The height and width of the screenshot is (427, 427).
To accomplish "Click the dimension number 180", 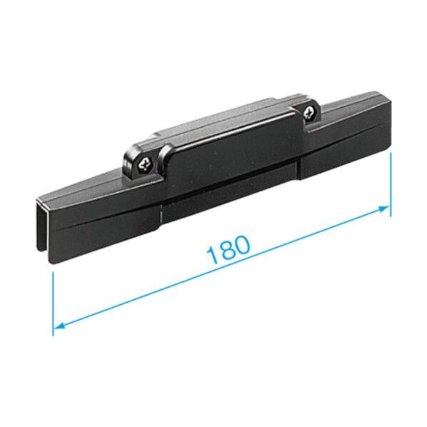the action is tap(228, 250).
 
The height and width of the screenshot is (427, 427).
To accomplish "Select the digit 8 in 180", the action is tap(226, 250).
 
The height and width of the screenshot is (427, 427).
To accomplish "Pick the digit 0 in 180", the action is tap(242, 244).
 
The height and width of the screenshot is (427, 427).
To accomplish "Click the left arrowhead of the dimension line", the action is tap(59, 325).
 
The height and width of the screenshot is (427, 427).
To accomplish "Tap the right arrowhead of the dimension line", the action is tap(384, 209).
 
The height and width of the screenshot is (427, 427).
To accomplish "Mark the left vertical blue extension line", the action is tap(53, 303).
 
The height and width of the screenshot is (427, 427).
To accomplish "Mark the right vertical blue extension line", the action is tap(391, 185).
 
